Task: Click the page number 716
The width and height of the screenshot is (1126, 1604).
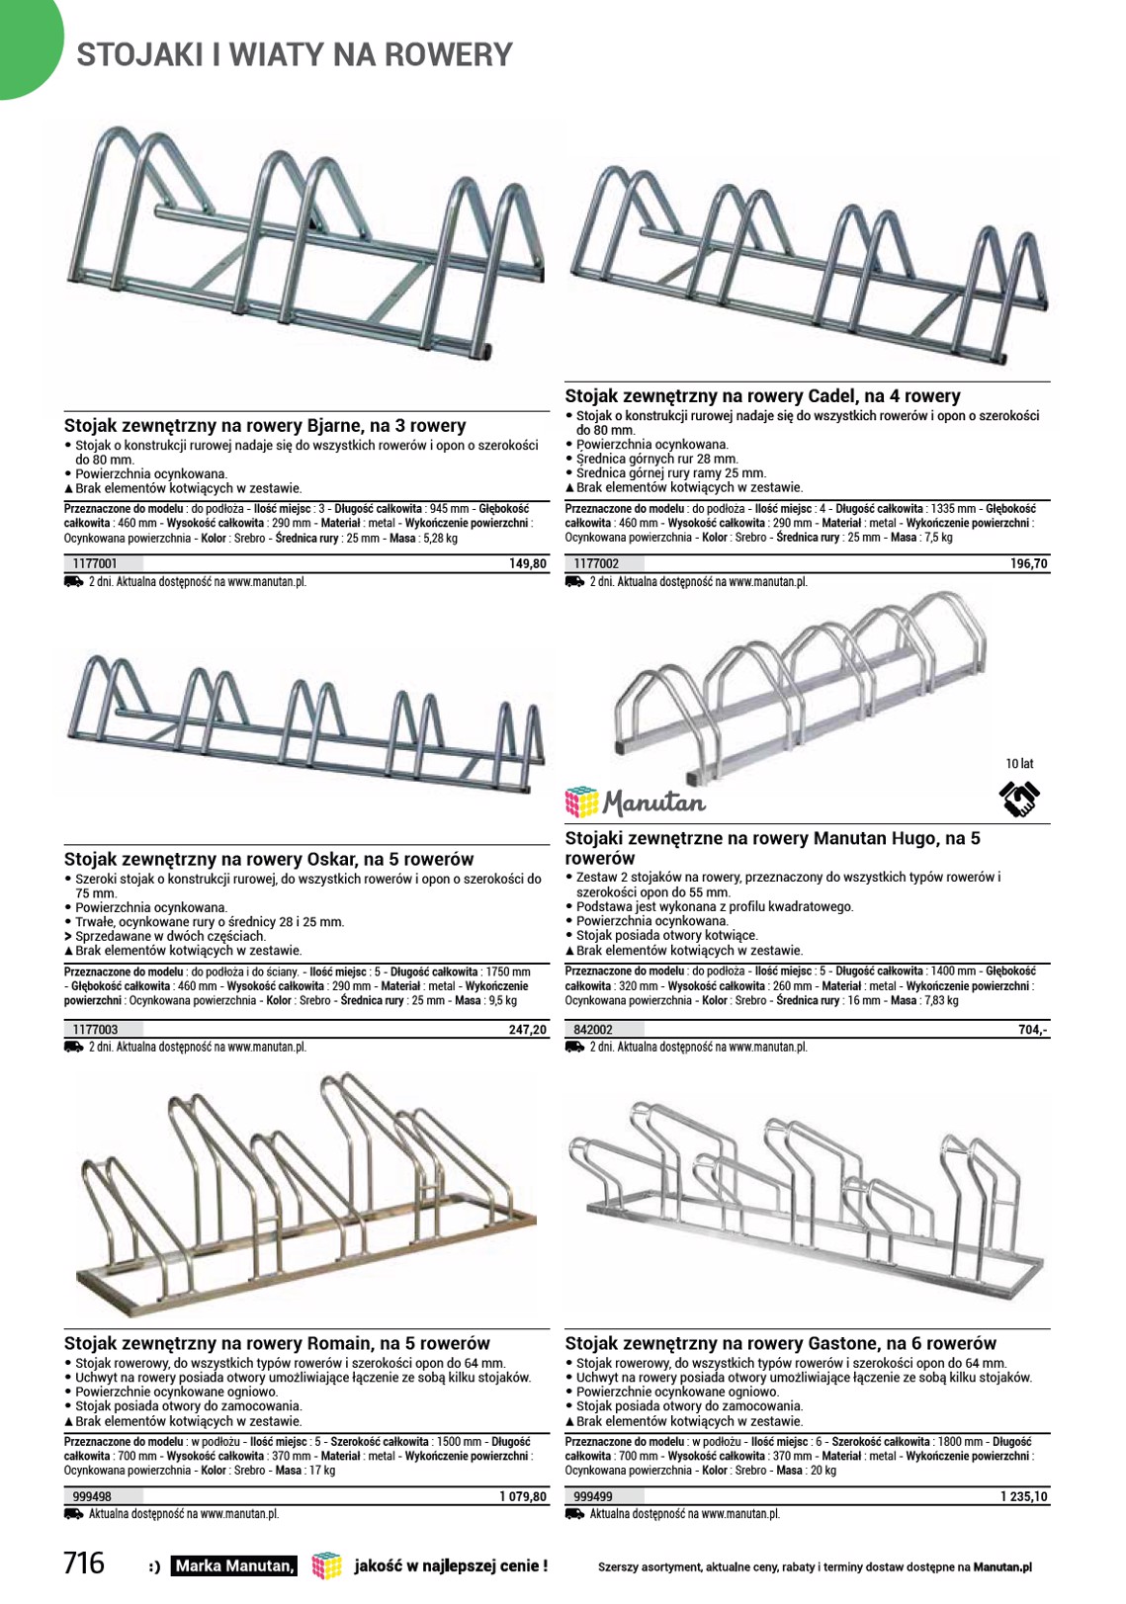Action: coord(84,1562)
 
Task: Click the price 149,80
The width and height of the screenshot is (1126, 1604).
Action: coord(528,564)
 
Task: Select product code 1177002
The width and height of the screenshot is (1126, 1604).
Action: coord(596,564)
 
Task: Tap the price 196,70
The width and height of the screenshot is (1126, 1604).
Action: coord(1029,564)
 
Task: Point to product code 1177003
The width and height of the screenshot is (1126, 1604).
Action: coord(95,1030)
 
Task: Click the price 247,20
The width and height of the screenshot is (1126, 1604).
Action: coord(528,1030)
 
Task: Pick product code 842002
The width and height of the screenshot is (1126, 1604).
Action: coord(593,1030)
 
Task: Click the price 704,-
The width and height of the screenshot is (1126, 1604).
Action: coord(1033,1030)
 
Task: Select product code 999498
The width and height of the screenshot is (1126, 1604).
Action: coord(92,1497)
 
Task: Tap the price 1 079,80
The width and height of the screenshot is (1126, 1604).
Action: coord(523,1497)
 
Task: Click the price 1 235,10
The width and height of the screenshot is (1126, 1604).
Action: coord(1024,1497)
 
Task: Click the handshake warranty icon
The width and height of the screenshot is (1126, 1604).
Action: coord(1019,799)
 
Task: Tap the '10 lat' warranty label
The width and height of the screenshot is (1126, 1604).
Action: coord(1019,764)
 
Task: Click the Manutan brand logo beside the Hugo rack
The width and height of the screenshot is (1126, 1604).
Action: coord(635,802)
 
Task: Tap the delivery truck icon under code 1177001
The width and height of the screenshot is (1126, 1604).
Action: coord(73,582)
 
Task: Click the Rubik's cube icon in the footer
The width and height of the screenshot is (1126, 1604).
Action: coord(326,1565)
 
